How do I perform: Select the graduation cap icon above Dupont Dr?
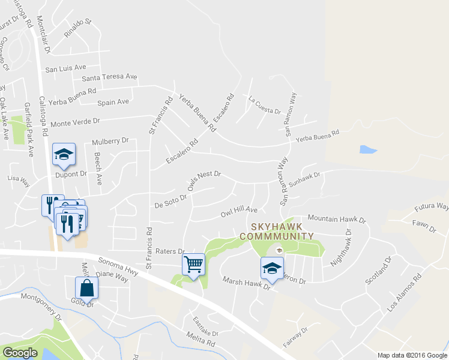[64, 154]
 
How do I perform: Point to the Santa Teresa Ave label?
[109, 77]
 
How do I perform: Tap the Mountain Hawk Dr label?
[336, 219]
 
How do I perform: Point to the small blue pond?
[367, 149]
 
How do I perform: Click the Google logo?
[19, 353]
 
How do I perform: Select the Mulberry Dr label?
[110, 142]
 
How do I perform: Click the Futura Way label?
[432, 207]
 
